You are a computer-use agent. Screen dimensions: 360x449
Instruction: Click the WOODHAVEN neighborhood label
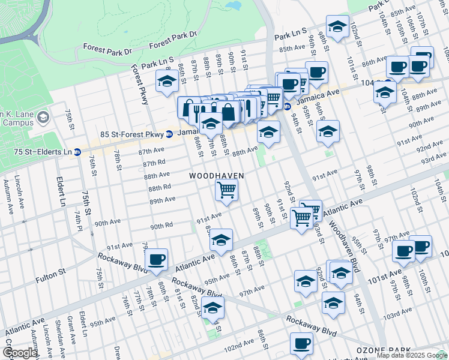217,176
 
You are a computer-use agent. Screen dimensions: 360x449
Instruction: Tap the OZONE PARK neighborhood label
382,350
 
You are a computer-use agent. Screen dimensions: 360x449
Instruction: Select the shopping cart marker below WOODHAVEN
227,191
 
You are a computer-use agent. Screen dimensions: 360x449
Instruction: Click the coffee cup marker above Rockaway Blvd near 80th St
157,259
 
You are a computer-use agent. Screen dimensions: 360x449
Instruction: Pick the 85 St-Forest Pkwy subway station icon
170,134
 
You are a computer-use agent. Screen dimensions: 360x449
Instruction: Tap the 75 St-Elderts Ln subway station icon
77,152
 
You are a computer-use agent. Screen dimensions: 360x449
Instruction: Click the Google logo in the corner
19,353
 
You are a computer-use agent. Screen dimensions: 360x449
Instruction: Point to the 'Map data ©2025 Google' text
412,355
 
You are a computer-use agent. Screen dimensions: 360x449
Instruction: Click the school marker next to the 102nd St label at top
338,26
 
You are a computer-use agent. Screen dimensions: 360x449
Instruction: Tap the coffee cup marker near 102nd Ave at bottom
301,343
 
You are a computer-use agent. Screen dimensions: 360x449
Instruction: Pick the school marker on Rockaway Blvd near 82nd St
212,308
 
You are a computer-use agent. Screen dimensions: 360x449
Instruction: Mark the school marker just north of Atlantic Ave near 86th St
221,240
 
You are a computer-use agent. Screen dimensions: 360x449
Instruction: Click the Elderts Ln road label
62,191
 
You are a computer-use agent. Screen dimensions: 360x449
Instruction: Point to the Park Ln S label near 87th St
158,61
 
